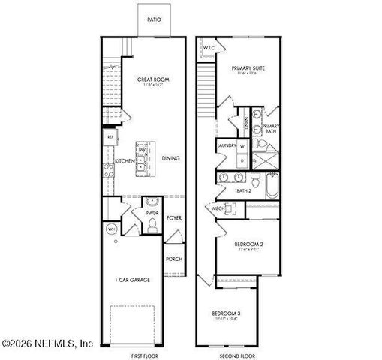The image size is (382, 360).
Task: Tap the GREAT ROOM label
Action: point(152,79)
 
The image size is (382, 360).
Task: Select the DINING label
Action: point(170,158)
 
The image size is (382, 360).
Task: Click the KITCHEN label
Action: point(125,161)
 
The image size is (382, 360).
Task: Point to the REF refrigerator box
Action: point(110,138)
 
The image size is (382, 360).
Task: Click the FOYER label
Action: point(175,217)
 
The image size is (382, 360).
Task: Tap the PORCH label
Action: point(174,259)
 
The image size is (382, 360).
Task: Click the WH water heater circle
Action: point(110,229)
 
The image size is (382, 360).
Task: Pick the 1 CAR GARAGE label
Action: point(132,280)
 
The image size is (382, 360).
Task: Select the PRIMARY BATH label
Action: point(271,129)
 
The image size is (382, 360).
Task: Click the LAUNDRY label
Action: point(227,145)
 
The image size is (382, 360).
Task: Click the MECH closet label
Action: point(218,208)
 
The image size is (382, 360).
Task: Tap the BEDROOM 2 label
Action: point(248,244)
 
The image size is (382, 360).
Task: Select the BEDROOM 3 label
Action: point(225,312)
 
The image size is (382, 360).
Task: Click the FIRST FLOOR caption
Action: point(144,355)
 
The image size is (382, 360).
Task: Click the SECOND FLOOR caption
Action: point(238,355)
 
